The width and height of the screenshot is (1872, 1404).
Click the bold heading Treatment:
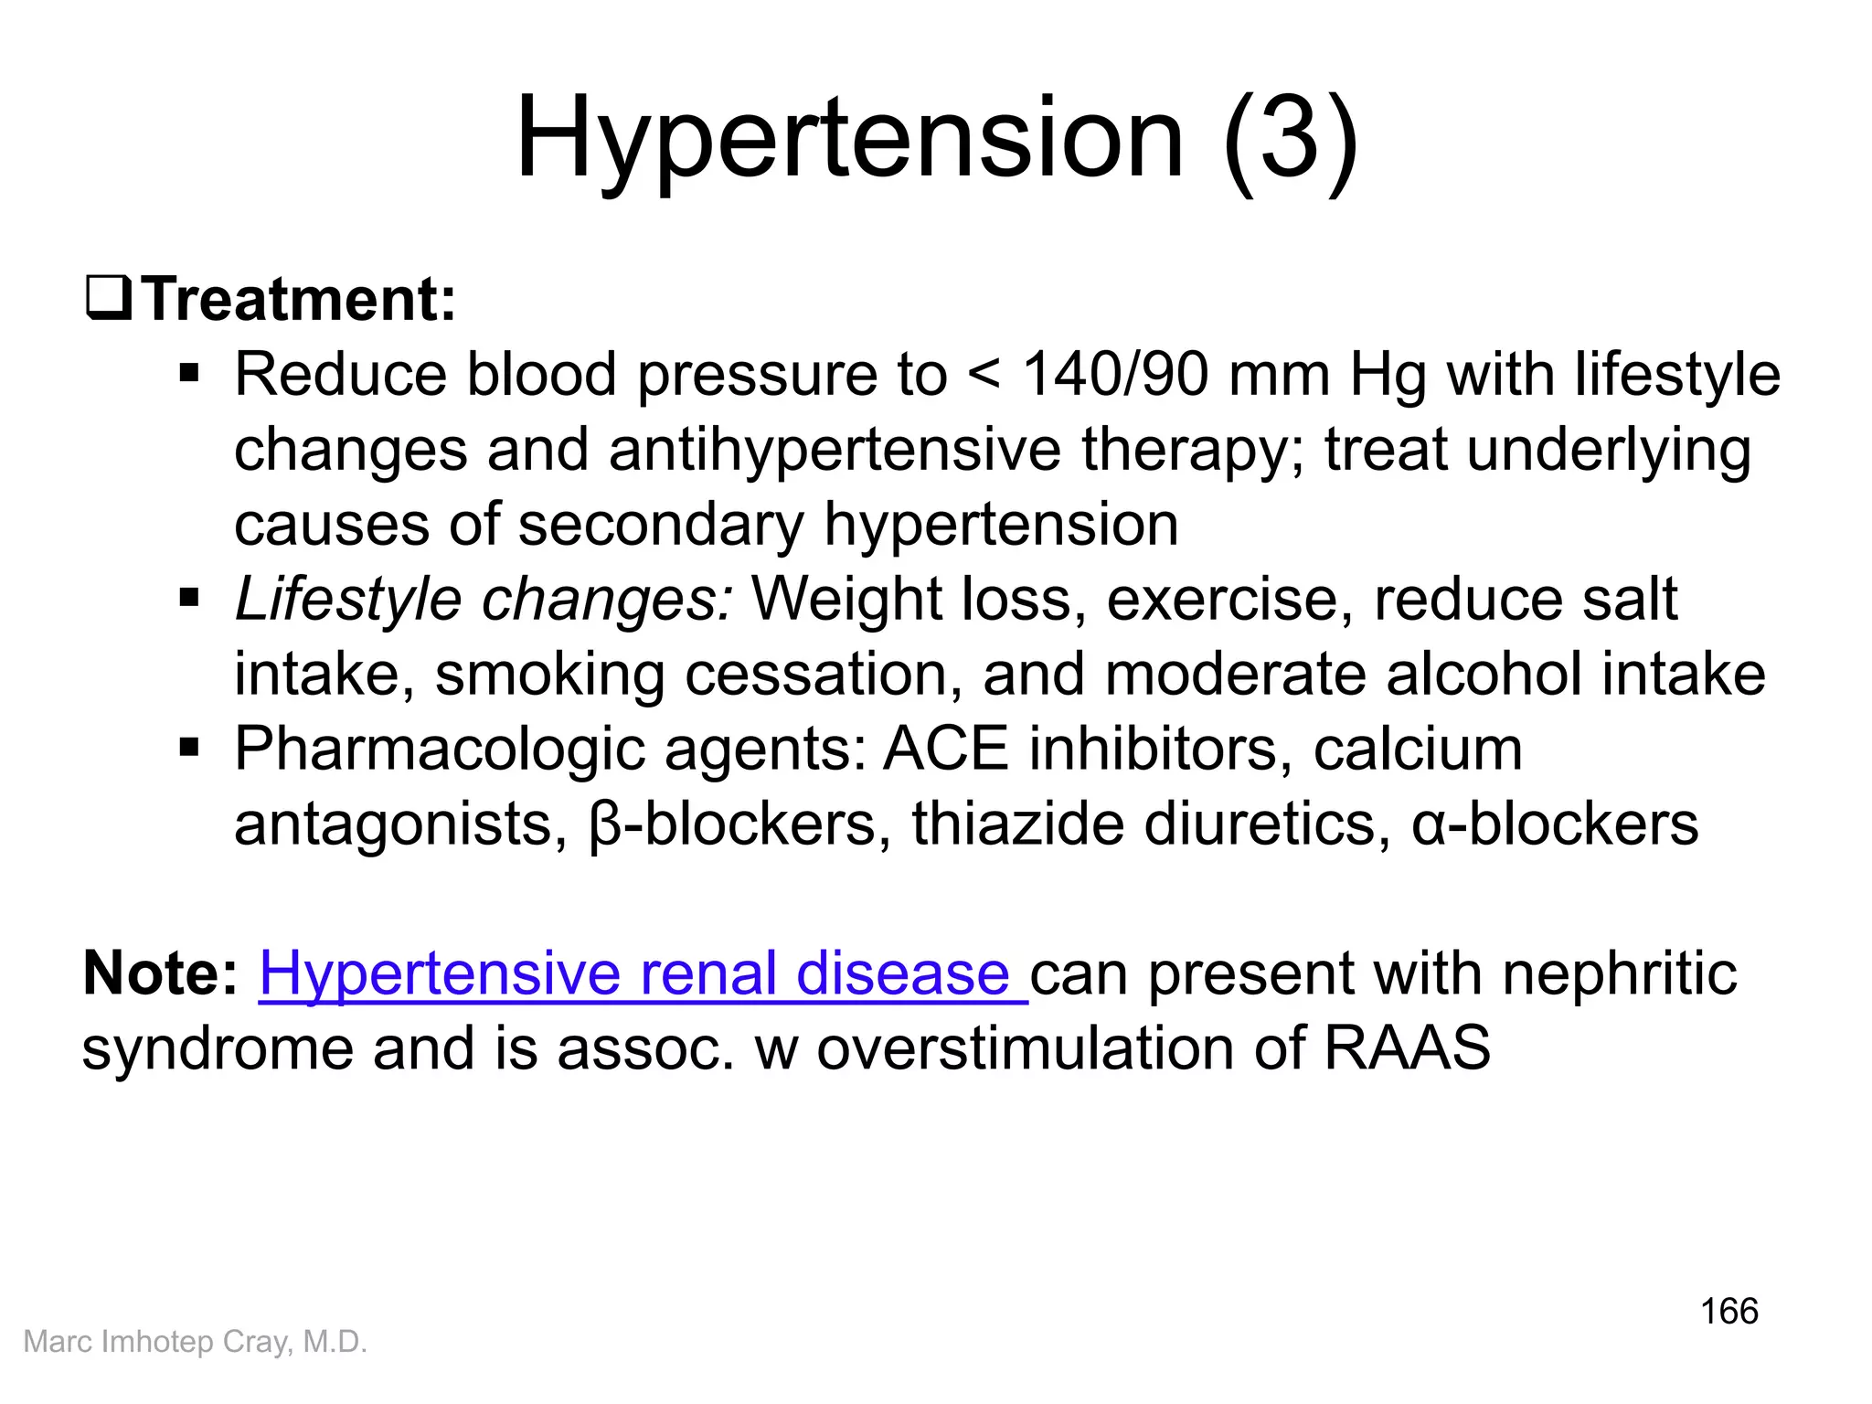[299, 300]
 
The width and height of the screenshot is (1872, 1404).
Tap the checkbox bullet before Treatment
[109, 300]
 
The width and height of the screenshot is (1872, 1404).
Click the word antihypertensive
[834, 451]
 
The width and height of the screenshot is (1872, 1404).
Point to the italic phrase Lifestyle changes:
[483, 601]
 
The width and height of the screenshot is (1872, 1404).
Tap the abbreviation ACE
[945, 750]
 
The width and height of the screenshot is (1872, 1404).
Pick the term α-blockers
[1554, 824]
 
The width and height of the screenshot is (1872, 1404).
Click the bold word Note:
[160, 974]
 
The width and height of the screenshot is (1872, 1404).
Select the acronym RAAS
[1407, 1048]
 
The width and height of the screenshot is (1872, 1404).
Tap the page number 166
[1728, 1312]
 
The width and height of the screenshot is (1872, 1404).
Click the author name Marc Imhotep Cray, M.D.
[195, 1342]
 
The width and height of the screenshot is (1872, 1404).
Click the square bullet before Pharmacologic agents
[189, 750]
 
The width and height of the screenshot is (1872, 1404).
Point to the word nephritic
[1619, 974]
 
